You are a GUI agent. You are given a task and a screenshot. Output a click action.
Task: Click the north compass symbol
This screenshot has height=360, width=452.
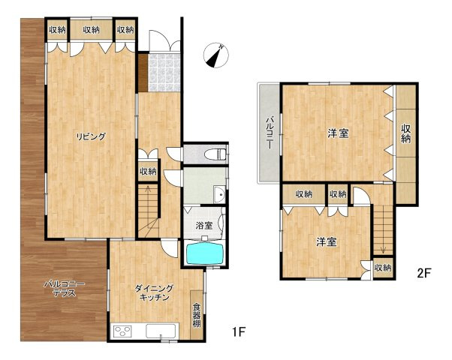coord(216,55)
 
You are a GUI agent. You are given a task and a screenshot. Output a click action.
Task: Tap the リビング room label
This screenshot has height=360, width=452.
coord(91,136)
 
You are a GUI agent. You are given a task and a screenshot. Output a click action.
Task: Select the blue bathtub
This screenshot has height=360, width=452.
coord(205,253)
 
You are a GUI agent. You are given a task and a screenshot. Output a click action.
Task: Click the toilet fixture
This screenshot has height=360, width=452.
coord(215,154)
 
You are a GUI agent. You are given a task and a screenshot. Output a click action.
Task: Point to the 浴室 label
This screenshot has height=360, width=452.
coord(204,226)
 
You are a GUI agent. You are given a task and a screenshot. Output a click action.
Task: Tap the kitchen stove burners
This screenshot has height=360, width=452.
coord(123,331)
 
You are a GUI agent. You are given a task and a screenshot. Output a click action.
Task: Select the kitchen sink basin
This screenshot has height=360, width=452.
coord(161,331)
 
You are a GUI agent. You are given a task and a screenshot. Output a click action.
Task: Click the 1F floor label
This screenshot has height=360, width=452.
coord(239,332)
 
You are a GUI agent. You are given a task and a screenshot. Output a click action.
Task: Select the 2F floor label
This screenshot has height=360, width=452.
coord(424,272)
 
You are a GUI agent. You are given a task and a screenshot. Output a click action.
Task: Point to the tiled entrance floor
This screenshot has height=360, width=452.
coord(164,72)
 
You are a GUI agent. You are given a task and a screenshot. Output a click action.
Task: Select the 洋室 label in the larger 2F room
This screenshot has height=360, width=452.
coord(338,133)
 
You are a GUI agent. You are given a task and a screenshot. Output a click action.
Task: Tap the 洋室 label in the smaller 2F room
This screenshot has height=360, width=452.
coord(327,242)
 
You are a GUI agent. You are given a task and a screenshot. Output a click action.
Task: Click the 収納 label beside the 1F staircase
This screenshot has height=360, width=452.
coord(148,172)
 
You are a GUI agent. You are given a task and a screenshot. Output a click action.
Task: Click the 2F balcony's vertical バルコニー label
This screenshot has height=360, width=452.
coord(270,133)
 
